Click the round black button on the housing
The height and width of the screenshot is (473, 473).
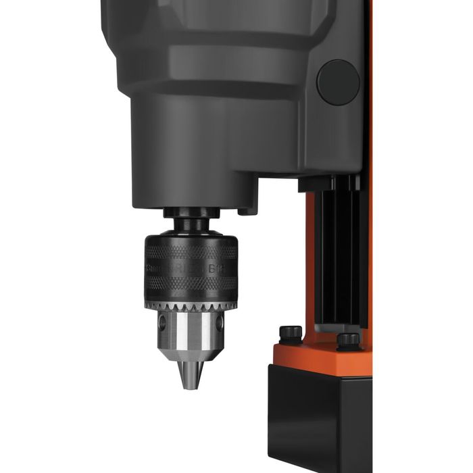(339, 82)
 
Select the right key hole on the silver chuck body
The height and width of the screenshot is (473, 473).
(220, 323)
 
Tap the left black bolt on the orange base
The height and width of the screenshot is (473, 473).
(291, 332)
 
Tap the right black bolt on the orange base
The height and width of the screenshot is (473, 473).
(348, 339)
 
